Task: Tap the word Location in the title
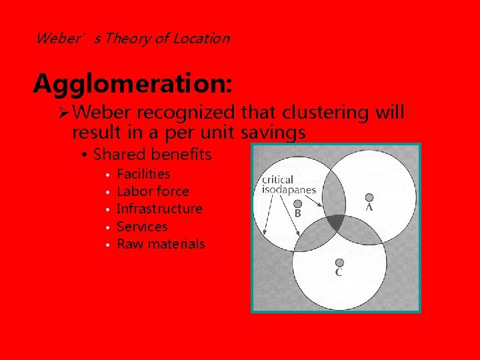(x=201, y=38)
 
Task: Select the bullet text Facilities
(x=143, y=174)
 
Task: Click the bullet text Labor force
(x=153, y=191)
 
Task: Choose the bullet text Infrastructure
(x=159, y=209)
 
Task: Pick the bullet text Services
(x=142, y=227)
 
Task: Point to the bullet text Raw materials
(x=161, y=244)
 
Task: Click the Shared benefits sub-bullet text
(x=152, y=155)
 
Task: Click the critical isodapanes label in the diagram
(x=289, y=185)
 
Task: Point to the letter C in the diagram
(x=339, y=272)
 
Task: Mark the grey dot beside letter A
(x=369, y=197)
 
